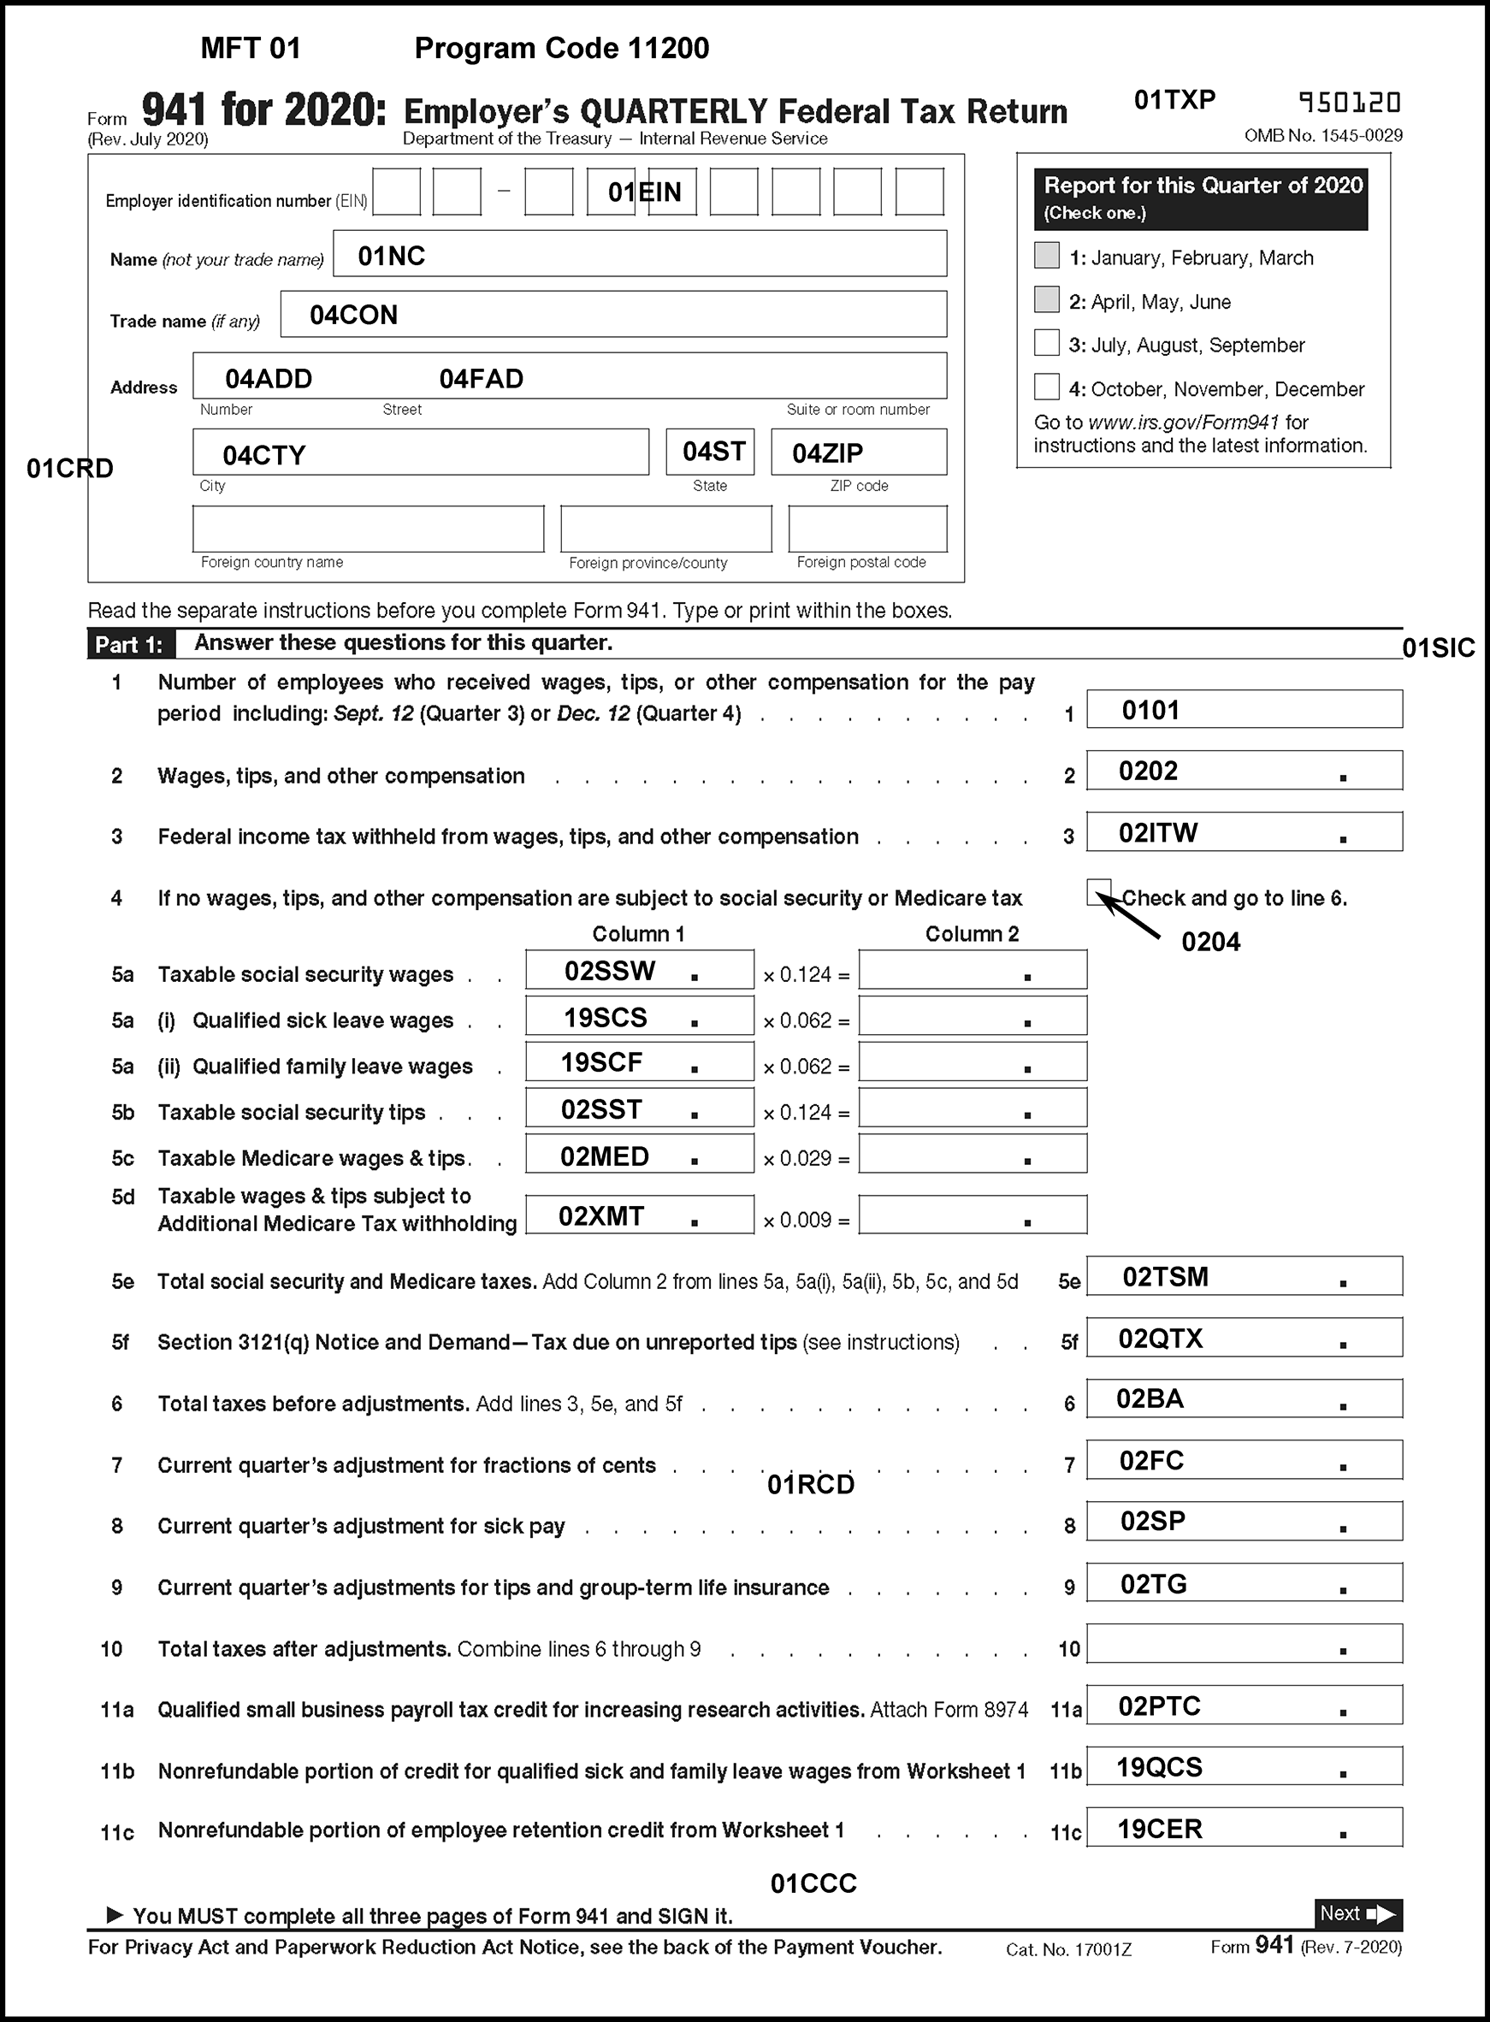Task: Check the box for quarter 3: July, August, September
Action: pyautogui.click(x=1046, y=344)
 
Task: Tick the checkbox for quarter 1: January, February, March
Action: pyautogui.click(x=1046, y=255)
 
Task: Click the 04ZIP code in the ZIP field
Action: pyautogui.click(x=827, y=452)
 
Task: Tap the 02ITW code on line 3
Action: pyautogui.click(x=1158, y=832)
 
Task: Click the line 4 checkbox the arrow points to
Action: pyautogui.click(x=1098, y=891)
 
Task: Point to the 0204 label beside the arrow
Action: pyautogui.click(x=1210, y=943)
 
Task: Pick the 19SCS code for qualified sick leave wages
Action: pyautogui.click(x=606, y=1018)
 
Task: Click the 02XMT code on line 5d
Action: pyautogui.click(x=600, y=1216)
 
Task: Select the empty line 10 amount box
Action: pyautogui.click(x=1244, y=1643)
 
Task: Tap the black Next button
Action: pyautogui.click(x=1357, y=1913)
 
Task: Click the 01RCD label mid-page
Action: pyautogui.click(x=810, y=1485)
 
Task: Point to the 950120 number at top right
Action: pyautogui.click(x=1350, y=103)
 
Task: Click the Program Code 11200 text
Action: pyautogui.click(x=561, y=49)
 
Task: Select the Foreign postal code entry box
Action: pyautogui.click(x=866, y=529)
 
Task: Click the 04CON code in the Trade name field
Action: pyautogui.click(x=352, y=315)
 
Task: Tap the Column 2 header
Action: pyautogui.click(x=972, y=934)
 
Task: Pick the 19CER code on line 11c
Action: pyautogui.click(x=1159, y=1829)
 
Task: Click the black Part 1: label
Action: pyautogui.click(x=129, y=645)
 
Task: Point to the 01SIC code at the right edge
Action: pyautogui.click(x=1438, y=648)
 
